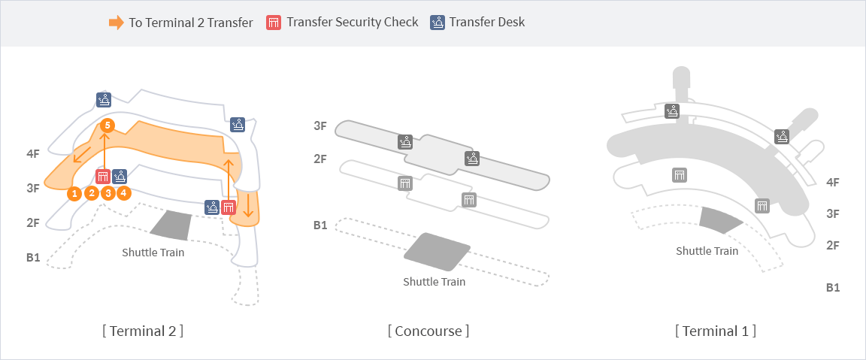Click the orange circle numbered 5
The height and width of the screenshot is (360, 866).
[107, 126]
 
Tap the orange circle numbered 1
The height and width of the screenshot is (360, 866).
[74, 193]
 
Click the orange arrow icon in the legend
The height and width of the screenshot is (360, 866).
[116, 23]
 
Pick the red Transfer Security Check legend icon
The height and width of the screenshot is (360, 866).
[274, 23]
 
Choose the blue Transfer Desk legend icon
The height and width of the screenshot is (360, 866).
[438, 23]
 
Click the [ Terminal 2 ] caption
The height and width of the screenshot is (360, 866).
[143, 331]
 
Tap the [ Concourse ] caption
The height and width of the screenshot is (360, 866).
[428, 331]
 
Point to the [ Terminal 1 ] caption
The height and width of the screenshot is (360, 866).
[716, 331]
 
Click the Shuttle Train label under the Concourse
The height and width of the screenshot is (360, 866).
[435, 282]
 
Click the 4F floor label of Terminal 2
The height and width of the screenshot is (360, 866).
[33, 154]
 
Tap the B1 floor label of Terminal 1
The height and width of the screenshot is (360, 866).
[833, 288]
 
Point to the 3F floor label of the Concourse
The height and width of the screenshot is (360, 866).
[320, 126]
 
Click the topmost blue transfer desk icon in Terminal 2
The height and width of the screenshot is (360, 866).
[104, 99]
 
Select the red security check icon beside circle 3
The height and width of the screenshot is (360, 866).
[104, 177]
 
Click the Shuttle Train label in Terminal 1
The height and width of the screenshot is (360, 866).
[707, 251]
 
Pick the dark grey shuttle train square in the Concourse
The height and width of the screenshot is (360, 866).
[437, 251]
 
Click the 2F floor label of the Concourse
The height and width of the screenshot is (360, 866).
[320, 159]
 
